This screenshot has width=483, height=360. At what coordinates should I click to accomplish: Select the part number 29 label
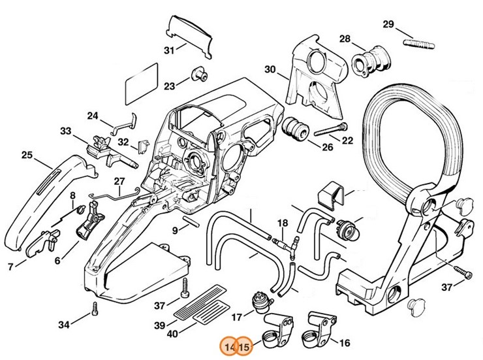point(388,25)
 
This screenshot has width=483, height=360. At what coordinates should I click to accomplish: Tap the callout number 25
point(27,155)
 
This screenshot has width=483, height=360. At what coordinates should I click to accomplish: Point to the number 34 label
point(63,324)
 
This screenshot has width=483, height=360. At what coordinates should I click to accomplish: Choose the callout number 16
point(345,342)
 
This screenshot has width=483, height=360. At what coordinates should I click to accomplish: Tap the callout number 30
point(270,69)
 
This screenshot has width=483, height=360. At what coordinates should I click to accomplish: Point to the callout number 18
point(281,223)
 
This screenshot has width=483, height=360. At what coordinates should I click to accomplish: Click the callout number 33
point(65,131)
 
